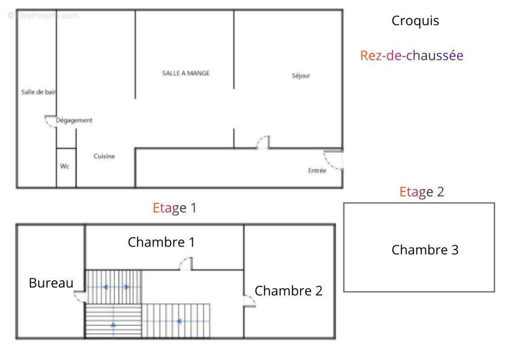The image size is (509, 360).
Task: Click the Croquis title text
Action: tap(415, 21)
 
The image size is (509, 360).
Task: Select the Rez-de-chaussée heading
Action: tap(412, 55)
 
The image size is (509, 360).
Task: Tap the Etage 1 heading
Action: tap(175, 208)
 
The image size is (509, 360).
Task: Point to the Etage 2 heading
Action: tap(422, 192)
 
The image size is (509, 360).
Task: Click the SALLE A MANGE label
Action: tap(186, 73)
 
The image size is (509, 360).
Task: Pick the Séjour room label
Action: tap(301, 76)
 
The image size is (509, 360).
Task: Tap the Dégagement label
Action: tap(74, 121)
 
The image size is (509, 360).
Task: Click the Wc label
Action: tap(65, 166)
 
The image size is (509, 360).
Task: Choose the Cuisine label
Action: tap(104, 156)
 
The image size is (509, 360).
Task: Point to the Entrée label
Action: tap(317, 171)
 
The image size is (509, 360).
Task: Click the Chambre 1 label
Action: tap(161, 242)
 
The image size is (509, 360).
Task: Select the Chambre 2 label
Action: tap(288, 291)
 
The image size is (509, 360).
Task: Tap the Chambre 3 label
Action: tap(425, 250)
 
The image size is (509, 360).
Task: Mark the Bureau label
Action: tap(51, 283)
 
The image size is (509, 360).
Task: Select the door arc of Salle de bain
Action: tap(48, 124)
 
